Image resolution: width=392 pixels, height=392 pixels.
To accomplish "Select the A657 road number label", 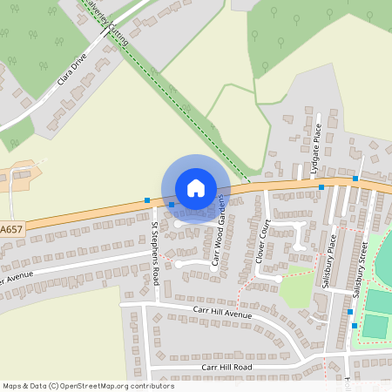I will (10, 229).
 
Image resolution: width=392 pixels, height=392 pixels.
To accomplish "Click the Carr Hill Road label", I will (226, 367).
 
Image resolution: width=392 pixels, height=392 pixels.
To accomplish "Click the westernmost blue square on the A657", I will (146, 201).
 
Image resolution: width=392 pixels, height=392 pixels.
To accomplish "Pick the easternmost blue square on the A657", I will (355, 179).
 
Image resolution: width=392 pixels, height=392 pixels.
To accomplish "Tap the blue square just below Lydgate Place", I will (321, 187).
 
